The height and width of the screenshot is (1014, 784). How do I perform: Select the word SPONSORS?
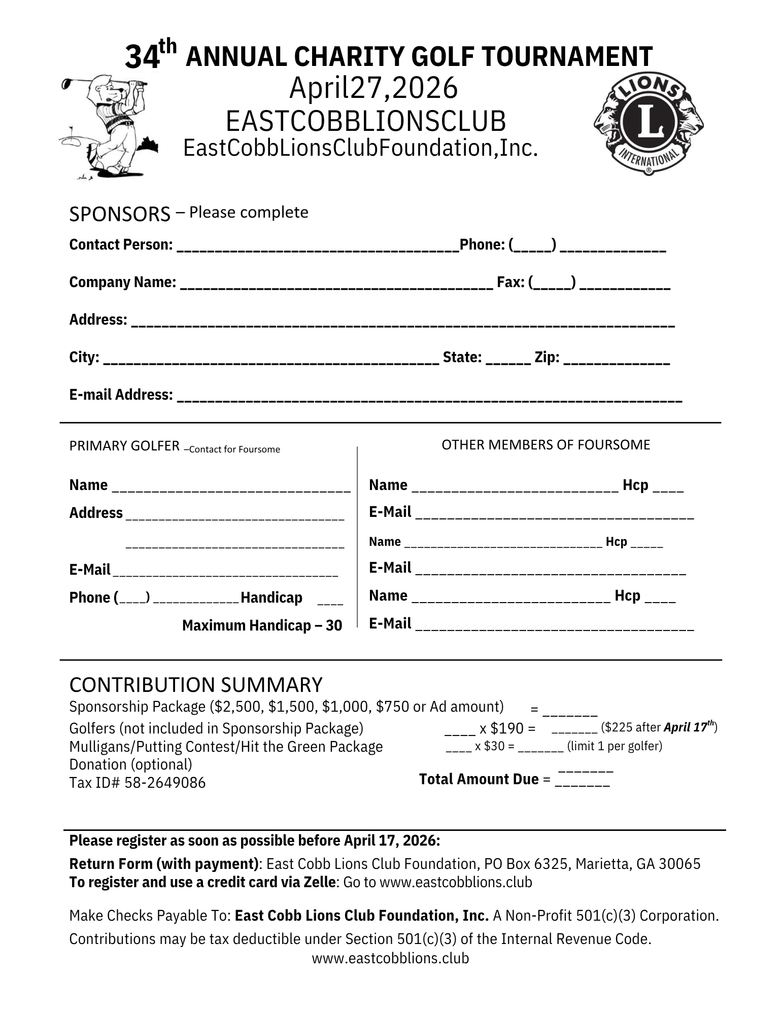coord(119,215)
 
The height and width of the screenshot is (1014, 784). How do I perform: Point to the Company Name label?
coord(123,282)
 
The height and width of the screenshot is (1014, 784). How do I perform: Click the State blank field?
coord(508,360)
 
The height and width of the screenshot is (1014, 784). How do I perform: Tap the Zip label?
coord(547,358)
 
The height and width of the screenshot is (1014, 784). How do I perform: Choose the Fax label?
coord(510,282)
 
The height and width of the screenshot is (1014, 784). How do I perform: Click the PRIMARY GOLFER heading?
coord(124,446)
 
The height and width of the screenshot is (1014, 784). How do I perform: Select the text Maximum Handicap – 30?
coord(262,625)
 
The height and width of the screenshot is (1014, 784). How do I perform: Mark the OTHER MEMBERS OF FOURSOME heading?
coord(546,445)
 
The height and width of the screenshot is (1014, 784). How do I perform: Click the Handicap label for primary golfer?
coord(271,598)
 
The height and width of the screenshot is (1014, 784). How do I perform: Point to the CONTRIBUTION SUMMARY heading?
coord(195,685)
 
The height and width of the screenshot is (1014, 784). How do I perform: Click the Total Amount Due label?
coord(479,779)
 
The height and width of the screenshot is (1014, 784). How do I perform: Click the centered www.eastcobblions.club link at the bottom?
coord(390,958)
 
